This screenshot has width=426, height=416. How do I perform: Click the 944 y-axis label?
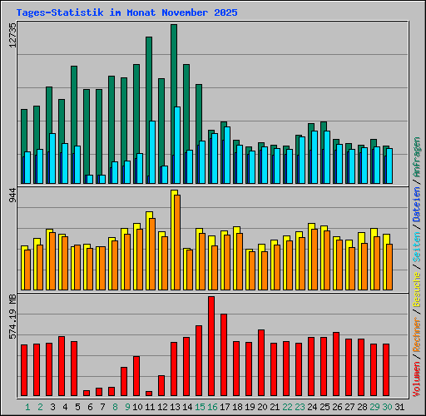[12, 196]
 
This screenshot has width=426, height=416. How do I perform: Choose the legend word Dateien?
[417, 204]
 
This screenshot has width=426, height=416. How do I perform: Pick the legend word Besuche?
[417, 285]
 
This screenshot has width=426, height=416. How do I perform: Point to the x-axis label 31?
[400, 406]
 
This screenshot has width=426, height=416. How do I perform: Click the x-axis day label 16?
[212, 406]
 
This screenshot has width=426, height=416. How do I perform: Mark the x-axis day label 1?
[27, 406]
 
